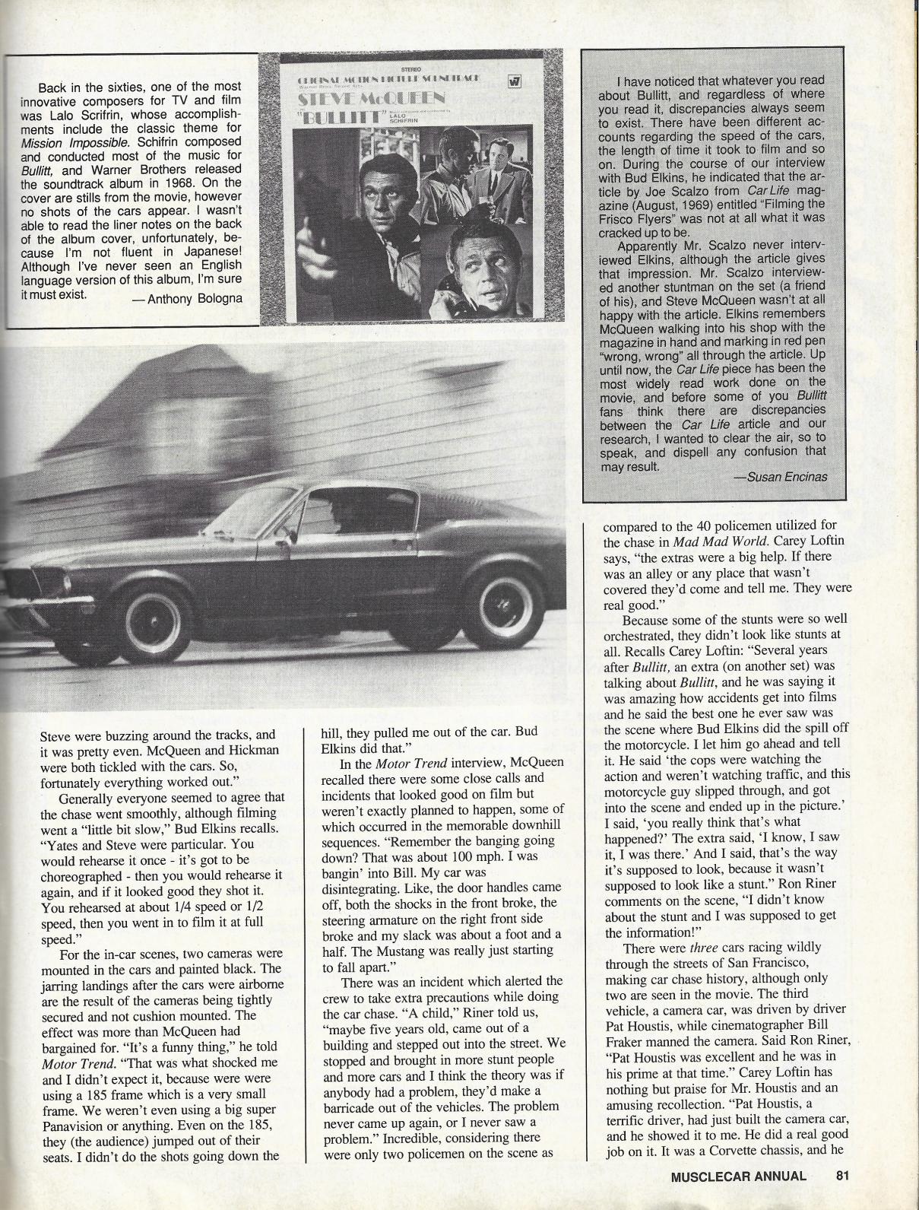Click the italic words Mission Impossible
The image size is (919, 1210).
[87, 141]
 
